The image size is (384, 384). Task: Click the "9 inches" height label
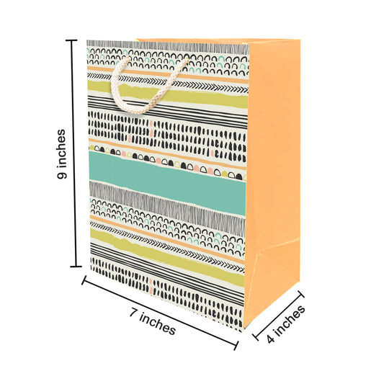(x=61, y=153)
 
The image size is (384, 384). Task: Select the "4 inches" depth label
(x=285, y=323)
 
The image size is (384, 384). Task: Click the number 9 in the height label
(x=62, y=175)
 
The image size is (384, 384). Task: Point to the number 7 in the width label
(x=133, y=313)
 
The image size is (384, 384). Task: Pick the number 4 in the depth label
(x=270, y=339)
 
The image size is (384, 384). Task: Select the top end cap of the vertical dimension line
(x=71, y=40)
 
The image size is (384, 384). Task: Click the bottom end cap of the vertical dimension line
(x=76, y=266)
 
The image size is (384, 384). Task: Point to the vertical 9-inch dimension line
(x=74, y=153)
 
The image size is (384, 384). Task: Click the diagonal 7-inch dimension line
(x=160, y=313)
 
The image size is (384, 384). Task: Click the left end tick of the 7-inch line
(x=84, y=280)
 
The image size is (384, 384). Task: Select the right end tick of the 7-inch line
(x=236, y=345)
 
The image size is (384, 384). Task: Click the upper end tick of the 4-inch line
(x=301, y=294)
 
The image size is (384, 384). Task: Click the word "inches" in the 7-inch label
(x=158, y=324)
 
